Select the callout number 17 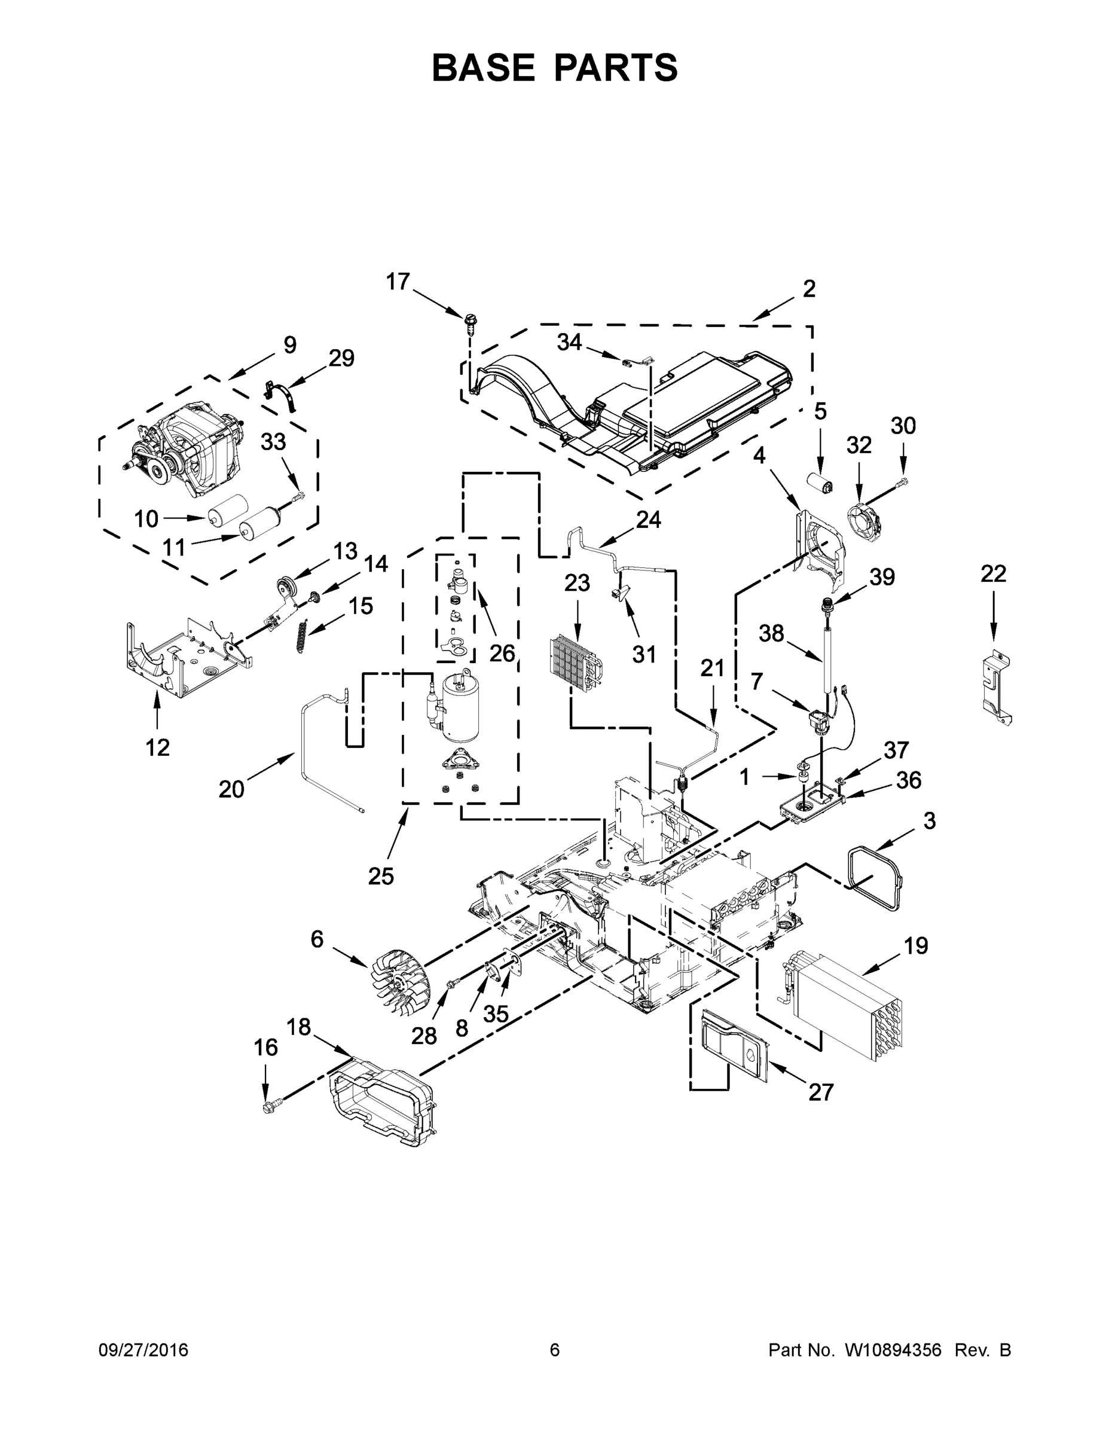click(x=398, y=282)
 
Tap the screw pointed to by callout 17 click(x=470, y=321)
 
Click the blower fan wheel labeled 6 click(x=399, y=986)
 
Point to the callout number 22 click(x=992, y=573)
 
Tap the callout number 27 click(x=821, y=1092)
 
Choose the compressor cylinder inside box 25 click(x=460, y=707)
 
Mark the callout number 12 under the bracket click(x=158, y=747)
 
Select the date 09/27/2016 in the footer click(x=143, y=1349)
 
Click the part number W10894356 click(x=894, y=1349)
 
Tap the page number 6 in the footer click(x=555, y=1349)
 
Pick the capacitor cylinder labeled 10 click(x=227, y=509)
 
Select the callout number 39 click(x=882, y=577)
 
